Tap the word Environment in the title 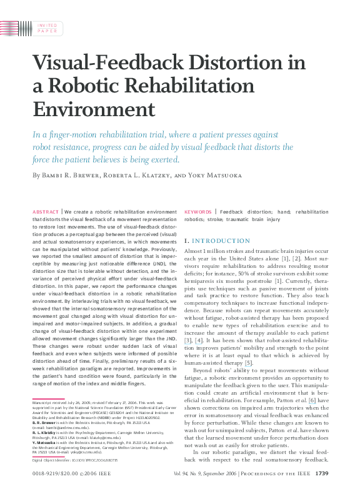pos(93,109)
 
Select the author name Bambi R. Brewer pos(72,175)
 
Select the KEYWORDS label pos(197,212)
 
